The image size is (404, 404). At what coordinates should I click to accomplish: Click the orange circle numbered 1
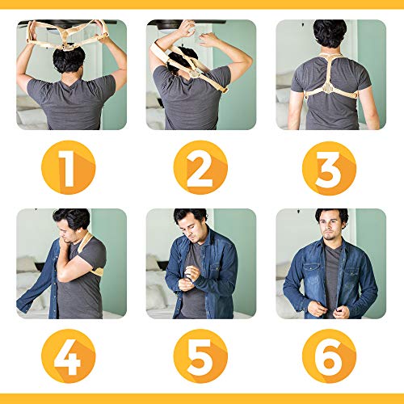(x=69, y=167)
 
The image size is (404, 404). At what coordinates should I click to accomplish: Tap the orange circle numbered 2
(x=200, y=167)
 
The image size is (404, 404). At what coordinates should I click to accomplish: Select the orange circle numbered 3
(x=329, y=168)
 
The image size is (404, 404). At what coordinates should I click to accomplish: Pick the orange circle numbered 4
(x=69, y=356)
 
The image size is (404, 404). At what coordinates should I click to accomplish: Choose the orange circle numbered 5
(x=200, y=356)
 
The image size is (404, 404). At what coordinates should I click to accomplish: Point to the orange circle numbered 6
(x=329, y=356)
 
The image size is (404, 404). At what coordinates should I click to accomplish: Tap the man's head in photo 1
(x=69, y=60)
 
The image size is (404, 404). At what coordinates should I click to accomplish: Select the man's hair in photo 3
(x=330, y=33)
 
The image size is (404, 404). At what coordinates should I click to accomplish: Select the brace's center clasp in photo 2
(x=196, y=73)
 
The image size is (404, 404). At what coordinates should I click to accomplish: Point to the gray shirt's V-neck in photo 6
(x=330, y=249)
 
